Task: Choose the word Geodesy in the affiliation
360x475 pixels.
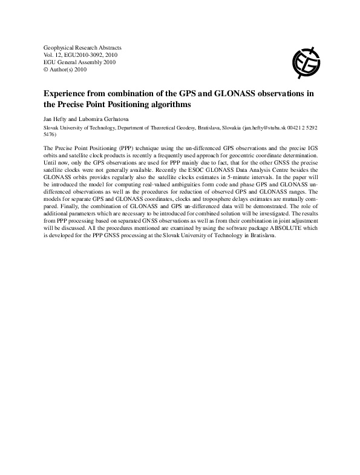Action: point(193,129)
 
